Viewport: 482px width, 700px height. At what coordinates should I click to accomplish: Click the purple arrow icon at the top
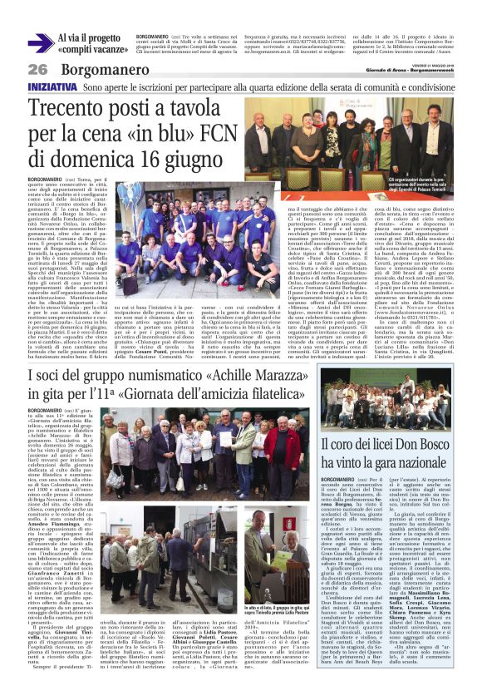coord(40,43)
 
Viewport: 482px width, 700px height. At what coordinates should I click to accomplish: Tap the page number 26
coord(37,70)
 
